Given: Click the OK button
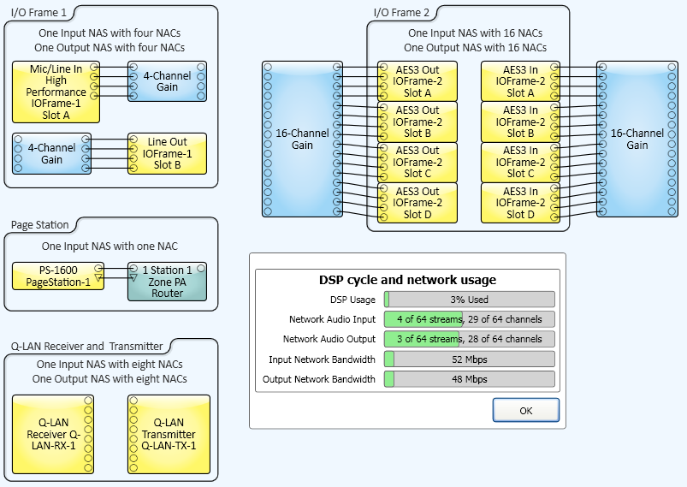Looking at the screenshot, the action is (526, 410).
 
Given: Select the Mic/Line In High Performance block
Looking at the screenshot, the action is (56, 92).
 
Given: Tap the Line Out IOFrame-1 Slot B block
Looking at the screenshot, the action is (167, 153).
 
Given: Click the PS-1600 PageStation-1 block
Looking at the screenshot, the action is (58, 276).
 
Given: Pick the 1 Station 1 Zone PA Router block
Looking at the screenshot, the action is (167, 282).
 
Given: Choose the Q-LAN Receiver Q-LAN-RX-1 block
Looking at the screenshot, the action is (53, 434).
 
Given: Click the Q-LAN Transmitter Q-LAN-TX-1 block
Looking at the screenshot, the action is (169, 434).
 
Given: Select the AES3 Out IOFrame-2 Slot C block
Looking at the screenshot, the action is (418, 162).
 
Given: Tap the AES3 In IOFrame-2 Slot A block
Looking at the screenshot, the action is (520, 81).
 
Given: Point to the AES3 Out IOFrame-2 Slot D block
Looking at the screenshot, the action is (418, 203).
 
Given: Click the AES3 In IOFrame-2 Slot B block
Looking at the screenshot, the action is (520, 122).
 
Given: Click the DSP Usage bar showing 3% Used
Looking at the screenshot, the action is (469, 300).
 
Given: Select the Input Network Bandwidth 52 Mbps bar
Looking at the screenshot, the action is (469, 359).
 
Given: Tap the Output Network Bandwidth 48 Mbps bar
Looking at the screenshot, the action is (469, 379).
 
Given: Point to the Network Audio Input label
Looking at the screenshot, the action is (332, 319).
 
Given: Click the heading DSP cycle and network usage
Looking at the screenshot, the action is (407, 280).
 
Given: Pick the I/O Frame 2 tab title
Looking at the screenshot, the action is (401, 13).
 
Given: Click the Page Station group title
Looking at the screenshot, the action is (40, 225).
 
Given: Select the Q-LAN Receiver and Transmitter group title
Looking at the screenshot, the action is (86, 347).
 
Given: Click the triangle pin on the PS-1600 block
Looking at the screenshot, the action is (98, 277).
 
